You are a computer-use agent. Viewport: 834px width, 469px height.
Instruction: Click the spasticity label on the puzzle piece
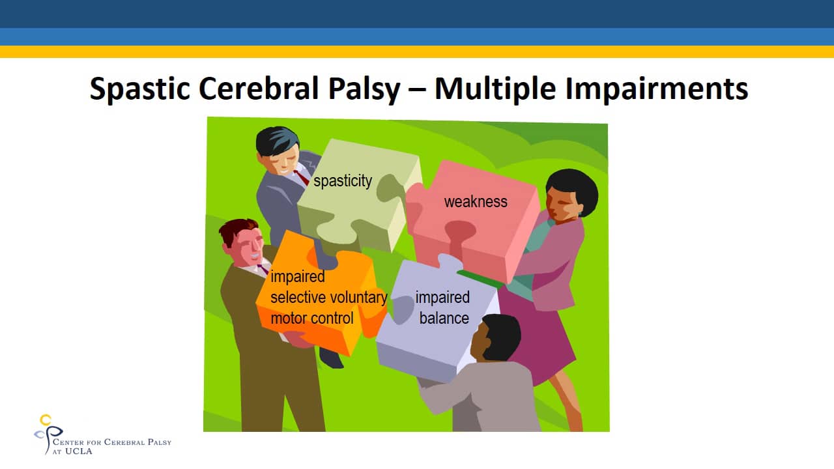click(x=343, y=181)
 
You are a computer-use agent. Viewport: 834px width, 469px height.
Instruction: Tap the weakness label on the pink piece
click(x=476, y=202)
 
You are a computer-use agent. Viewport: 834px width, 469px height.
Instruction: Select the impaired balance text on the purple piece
click(x=443, y=307)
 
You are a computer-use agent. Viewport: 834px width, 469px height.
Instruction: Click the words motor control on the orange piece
click(x=312, y=318)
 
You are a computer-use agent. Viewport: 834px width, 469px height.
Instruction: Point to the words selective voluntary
click(x=328, y=298)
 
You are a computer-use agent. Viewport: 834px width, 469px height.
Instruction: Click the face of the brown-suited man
click(x=247, y=246)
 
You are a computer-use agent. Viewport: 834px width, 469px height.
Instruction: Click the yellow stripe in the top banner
click(x=417, y=51)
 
